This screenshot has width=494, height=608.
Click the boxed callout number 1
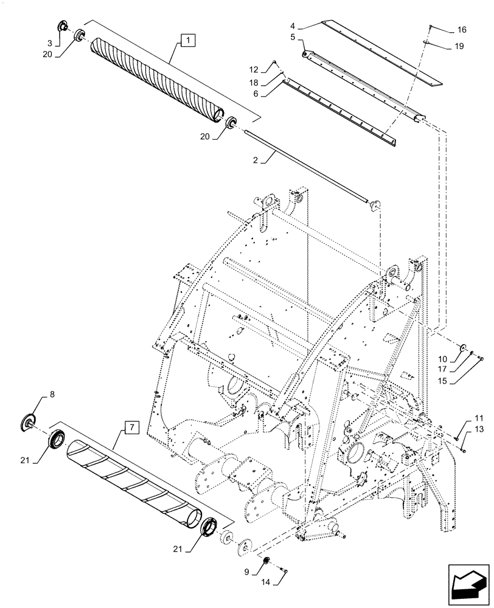tap(187, 41)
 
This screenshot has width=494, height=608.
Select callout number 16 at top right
tap(462, 29)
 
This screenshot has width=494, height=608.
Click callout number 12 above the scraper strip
tap(272, 68)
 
